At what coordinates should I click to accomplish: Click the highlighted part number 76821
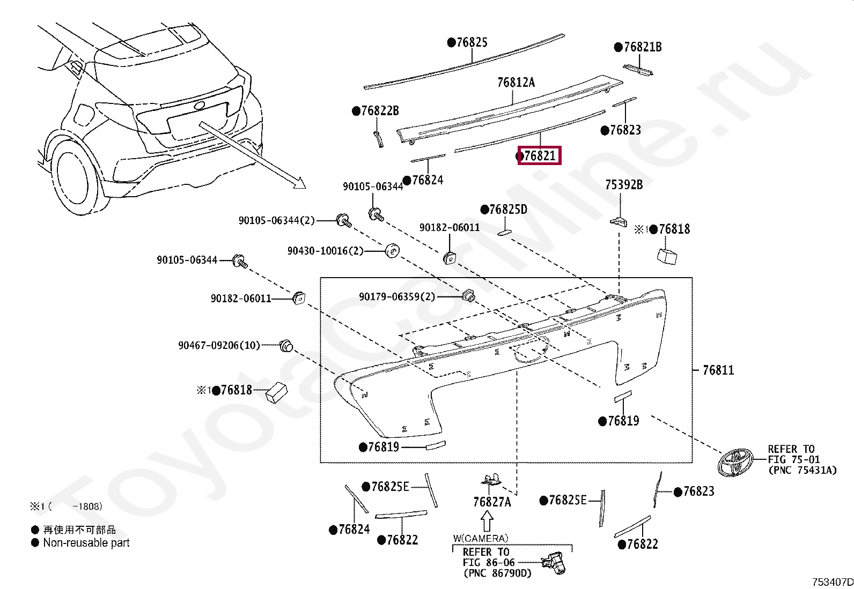tap(539, 156)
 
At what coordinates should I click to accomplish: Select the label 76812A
tap(516, 83)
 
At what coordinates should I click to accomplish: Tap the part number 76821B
tap(642, 47)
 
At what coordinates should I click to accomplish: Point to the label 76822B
tap(380, 111)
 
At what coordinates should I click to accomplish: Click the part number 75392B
tap(623, 185)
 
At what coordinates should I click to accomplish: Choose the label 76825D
tap(507, 210)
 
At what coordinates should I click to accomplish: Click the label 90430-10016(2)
tap(325, 251)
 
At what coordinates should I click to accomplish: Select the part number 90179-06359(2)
tap(397, 296)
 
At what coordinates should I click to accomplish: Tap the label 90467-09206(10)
tap(219, 346)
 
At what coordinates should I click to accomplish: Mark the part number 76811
tap(718, 370)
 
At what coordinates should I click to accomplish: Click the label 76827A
tap(492, 502)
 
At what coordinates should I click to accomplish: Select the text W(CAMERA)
tap(481, 538)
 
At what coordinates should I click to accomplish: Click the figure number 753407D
tap(831, 582)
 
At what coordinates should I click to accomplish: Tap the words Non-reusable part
tap(86, 543)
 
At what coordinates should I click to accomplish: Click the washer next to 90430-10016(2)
tap(393, 250)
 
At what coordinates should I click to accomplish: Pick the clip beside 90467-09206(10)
tap(286, 346)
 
